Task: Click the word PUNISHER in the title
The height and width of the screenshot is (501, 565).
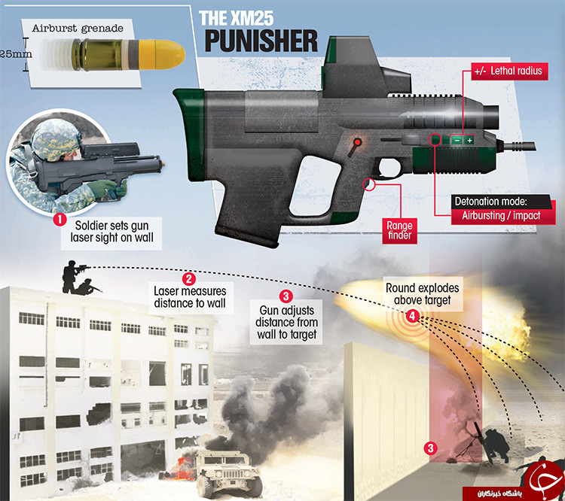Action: coord(261,41)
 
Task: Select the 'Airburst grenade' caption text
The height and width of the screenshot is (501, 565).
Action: coord(78,29)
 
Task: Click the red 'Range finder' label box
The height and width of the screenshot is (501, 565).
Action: coord(399,231)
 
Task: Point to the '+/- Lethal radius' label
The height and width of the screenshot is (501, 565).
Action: coord(509,71)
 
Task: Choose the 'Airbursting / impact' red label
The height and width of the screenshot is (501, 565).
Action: coord(501,216)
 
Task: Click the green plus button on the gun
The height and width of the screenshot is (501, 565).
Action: coord(469,141)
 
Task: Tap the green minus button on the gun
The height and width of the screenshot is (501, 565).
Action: coord(457,141)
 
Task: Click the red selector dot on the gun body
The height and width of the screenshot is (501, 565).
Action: coord(357,142)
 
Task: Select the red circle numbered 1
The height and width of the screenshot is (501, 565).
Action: coord(60,219)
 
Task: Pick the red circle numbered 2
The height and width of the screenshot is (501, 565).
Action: coord(189,279)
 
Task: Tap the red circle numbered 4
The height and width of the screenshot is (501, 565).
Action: coord(412,317)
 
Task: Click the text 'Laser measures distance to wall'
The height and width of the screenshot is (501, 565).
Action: coord(190,297)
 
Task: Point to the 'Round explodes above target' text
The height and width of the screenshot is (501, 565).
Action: coord(423,293)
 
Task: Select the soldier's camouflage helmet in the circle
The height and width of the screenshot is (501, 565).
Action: coord(55,138)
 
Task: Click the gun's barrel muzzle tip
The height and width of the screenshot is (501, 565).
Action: coord(533,146)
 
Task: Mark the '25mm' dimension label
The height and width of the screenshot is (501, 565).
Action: coord(16,54)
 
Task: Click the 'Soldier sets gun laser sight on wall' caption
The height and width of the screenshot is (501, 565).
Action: coord(111,232)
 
